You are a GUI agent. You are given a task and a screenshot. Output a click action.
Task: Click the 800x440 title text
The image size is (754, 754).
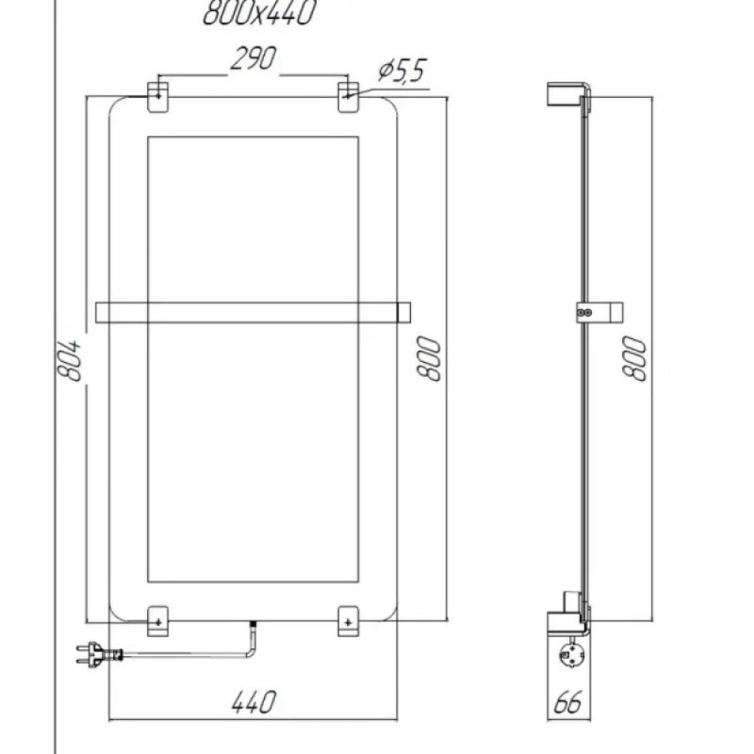258,12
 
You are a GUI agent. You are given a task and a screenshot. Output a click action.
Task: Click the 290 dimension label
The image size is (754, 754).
253,59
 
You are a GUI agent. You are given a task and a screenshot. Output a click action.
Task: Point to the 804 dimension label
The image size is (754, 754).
68,361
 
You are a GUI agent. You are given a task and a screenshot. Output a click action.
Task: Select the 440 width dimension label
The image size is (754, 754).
254,702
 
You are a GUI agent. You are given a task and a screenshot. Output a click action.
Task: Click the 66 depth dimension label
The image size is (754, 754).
568,702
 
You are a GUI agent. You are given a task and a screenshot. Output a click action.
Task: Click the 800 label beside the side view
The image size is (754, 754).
634,359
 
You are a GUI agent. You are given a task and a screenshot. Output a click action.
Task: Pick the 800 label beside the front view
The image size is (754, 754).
429,359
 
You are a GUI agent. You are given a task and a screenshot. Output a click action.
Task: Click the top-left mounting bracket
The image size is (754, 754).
157,97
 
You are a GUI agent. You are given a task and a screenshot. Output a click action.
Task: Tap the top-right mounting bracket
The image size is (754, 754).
348,97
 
